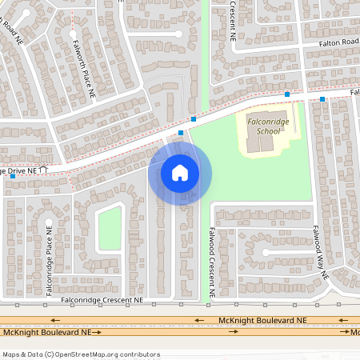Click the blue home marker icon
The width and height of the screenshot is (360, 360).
(180, 172)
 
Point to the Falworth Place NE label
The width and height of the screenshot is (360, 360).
(84, 69)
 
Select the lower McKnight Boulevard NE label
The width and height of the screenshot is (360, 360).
(48, 332)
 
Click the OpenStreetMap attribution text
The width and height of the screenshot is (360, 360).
(80, 354)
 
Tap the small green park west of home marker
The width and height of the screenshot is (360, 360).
(110, 228)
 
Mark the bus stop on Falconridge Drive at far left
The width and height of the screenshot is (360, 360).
(12, 176)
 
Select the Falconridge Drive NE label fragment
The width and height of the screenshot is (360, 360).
(22, 171)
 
